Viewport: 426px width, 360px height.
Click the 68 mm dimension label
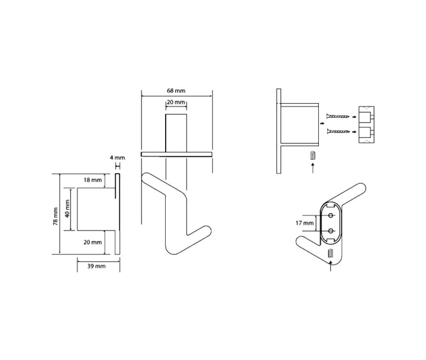176,91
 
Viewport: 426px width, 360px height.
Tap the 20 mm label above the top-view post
176,102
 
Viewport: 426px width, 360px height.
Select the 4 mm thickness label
117,157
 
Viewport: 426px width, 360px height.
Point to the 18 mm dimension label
93,180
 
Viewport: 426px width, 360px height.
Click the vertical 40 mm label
67,208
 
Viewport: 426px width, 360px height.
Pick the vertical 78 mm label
56,217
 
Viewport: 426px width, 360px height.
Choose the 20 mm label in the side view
93,242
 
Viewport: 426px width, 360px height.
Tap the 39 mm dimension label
96,266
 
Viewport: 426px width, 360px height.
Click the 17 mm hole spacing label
304,223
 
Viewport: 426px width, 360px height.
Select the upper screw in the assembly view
338,117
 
